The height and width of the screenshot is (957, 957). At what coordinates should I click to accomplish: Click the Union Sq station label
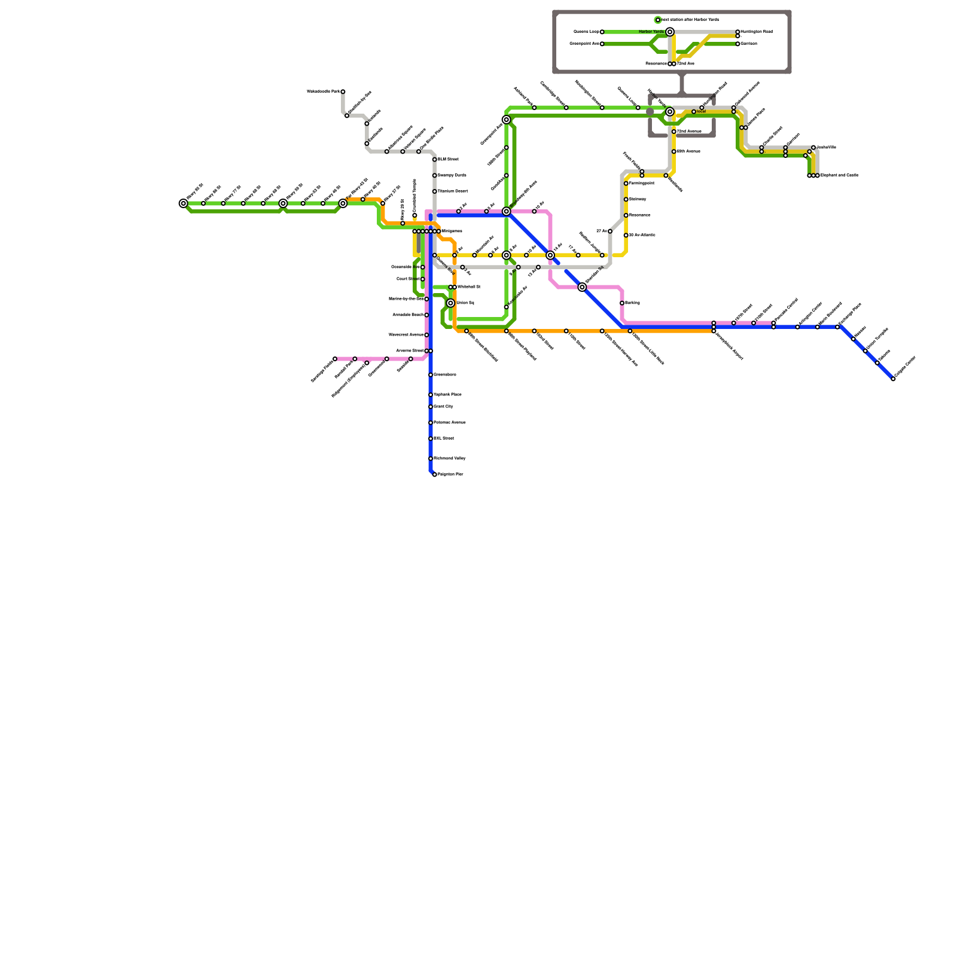(465, 303)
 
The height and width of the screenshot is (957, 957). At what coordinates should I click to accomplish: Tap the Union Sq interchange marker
(450, 303)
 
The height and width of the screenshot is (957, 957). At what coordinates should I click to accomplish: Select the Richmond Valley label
(449, 459)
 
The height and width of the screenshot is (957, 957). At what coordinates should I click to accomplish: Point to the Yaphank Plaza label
(447, 395)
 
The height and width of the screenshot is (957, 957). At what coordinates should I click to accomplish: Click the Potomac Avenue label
(449, 423)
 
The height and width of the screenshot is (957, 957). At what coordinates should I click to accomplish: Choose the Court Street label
(408, 279)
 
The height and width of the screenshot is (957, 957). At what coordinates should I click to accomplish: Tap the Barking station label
(632, 303)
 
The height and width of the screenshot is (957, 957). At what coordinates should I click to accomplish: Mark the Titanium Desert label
(452, 191)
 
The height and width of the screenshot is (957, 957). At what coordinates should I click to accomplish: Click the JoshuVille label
(826, 147)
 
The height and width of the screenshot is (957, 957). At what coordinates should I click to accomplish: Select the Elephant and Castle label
(839, 175)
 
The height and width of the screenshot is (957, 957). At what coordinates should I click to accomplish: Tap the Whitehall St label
(468, 287)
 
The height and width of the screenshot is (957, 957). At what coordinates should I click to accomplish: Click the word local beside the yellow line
(701, 112)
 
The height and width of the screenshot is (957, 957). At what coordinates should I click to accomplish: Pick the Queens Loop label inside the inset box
(586, 32)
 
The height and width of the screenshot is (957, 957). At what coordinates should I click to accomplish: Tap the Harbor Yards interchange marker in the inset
(670, 32)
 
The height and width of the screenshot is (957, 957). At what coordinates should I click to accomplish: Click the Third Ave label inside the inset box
(685, 64)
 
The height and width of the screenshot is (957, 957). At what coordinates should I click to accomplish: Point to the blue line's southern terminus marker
(435, 474)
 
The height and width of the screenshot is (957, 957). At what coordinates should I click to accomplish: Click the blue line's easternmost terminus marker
(893, 379)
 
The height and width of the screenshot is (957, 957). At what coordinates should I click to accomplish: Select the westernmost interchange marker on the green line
(184, 203)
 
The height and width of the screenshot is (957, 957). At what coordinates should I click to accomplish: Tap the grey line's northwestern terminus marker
(343, 92)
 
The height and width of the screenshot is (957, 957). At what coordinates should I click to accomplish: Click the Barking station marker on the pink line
(622, 303)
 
